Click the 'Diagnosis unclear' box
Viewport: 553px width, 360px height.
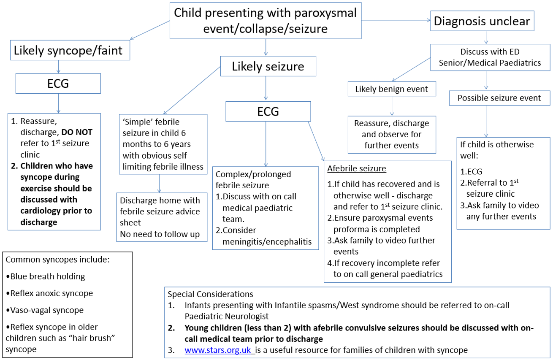482,21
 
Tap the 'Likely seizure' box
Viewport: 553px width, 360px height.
268,66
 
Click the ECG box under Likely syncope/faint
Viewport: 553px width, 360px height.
58,84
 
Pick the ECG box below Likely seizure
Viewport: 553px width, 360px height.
268,111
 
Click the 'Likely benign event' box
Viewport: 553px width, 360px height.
392,89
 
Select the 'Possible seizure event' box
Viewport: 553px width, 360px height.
500,98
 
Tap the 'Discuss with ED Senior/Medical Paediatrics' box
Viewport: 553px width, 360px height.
490,57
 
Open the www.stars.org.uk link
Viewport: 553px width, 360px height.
220,350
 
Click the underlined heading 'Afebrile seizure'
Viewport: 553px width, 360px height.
357,169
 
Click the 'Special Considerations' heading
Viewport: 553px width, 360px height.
210,294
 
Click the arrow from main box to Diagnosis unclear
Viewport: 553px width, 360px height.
396,20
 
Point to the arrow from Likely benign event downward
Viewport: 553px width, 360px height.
392,106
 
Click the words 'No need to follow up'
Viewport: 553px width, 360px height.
160,233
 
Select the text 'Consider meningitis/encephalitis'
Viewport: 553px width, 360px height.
267,236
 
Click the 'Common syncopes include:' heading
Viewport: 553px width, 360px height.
57,260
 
